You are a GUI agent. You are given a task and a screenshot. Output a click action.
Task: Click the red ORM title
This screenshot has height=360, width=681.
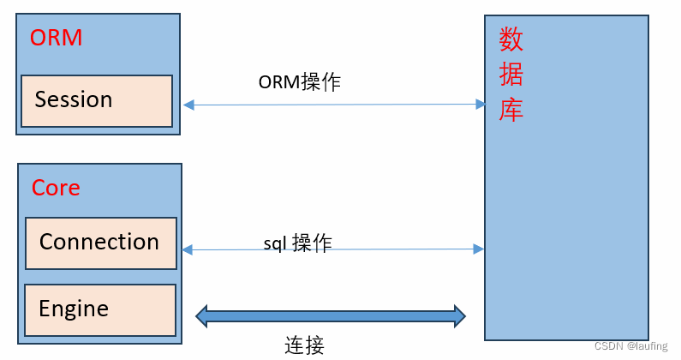pos(56,39)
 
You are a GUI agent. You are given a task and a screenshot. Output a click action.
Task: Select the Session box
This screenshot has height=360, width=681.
pos(97,100)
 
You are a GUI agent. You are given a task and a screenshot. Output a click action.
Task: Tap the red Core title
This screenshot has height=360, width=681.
pos(56,188)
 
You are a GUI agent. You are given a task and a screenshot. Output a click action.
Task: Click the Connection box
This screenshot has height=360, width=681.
pos(100,243)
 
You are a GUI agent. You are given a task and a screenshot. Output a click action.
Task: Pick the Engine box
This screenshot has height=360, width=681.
pos(100,309)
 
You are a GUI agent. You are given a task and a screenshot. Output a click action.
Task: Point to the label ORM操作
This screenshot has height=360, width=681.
pos(300,82)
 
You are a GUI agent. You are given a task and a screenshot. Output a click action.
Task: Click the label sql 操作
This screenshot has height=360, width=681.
pos(297,243)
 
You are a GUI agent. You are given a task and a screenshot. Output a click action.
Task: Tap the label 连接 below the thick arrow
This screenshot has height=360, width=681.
pos(304,345)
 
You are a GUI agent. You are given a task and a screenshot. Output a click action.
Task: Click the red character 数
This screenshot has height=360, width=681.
pos(511,39)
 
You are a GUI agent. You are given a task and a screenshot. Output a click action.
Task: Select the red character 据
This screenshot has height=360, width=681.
pos(511,75)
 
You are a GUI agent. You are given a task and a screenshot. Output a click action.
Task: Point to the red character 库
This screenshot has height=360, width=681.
pos(511,111)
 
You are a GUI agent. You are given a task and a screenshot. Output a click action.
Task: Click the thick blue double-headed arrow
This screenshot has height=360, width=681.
pos(331,315)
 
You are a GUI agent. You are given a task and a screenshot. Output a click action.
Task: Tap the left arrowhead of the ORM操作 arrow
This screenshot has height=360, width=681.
pos(188,105)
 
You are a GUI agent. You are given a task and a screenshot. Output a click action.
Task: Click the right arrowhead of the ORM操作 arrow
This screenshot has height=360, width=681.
pos(481,105)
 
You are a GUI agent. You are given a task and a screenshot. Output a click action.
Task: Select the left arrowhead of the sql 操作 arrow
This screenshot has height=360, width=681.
pos(187,249)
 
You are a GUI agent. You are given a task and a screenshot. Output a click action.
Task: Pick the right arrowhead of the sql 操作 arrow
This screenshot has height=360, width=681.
pos(479,249)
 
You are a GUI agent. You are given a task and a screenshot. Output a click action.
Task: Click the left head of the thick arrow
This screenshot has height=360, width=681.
pos(202,315)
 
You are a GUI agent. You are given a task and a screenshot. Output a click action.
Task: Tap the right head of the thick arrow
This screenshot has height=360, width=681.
pos(459,315)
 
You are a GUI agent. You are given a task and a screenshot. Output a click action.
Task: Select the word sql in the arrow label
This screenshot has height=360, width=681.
pos(274,243)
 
